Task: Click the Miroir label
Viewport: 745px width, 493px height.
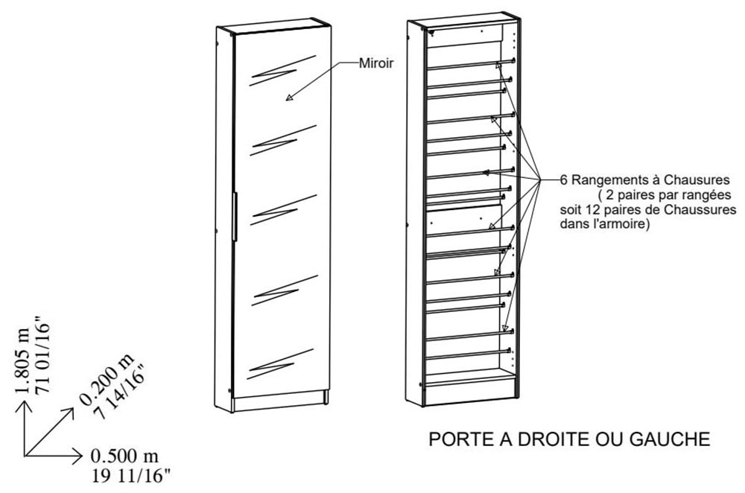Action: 375,63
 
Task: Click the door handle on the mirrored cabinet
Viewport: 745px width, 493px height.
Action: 234,217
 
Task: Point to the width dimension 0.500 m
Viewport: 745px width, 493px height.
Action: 124,457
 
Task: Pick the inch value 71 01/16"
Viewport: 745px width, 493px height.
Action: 42,353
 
